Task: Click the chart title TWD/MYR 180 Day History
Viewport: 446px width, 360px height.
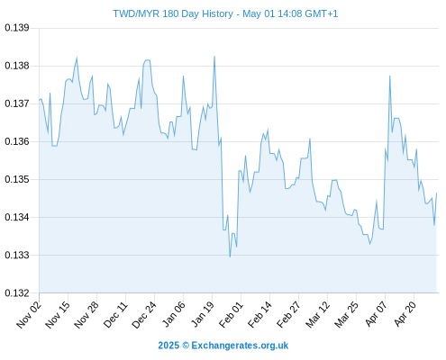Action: [173, 13]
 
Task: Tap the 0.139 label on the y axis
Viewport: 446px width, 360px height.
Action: [17, 28]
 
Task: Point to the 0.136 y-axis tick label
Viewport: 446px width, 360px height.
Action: [17, 141]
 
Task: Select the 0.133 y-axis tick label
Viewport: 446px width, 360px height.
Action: [17, 255]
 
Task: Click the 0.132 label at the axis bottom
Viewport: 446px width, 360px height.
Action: [17, 292]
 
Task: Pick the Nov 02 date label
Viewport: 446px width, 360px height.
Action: [29, 315]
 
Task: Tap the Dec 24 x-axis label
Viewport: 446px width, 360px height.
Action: [144, 315]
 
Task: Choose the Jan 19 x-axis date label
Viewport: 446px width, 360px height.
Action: [203, 314]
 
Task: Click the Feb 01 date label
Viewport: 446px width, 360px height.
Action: [231, 315]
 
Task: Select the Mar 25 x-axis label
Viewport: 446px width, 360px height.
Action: [346, 315]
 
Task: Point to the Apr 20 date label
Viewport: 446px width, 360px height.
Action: [405, 314]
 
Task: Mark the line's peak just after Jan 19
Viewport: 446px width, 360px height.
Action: [214, 56]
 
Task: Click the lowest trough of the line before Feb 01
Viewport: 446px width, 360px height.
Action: [230, 256]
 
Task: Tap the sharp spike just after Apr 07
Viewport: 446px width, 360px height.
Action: [389, 76]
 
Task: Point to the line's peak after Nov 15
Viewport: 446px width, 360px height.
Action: [77, 58]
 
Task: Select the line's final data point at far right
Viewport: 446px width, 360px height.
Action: [436, 193]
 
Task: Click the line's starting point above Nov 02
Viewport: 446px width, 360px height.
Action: [39, 100]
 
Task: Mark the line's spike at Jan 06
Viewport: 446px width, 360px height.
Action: [183, 76]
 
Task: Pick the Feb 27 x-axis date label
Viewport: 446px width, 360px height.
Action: [288, 315]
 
